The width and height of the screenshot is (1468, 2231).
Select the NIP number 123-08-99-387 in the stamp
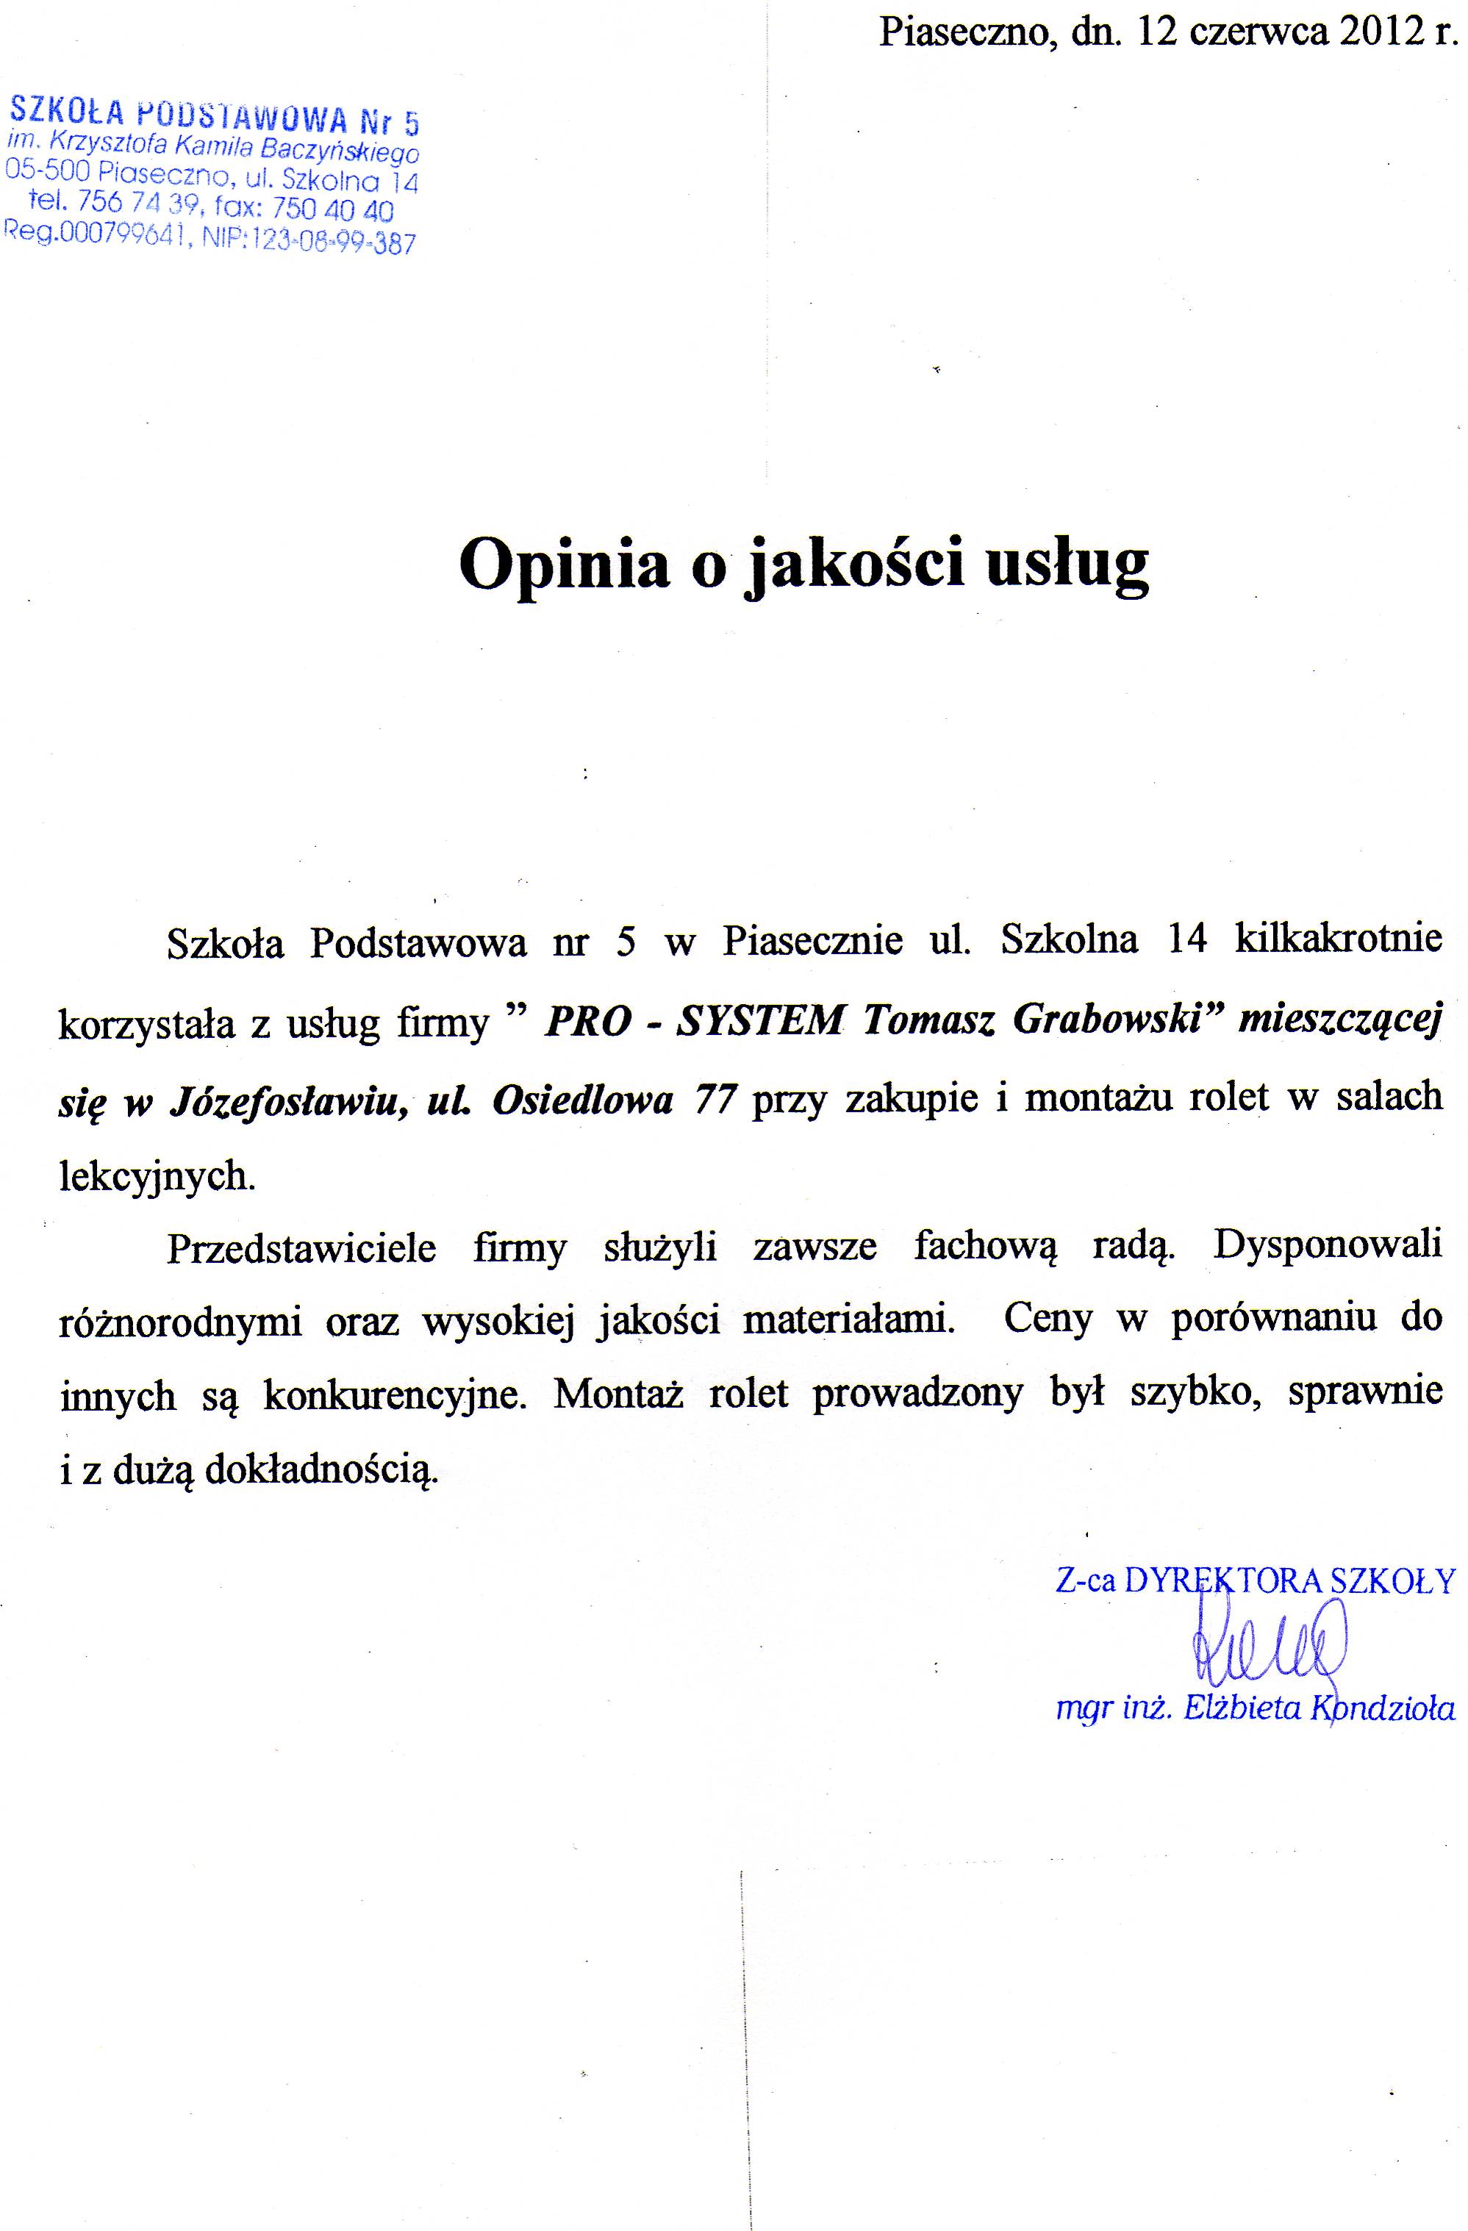330,243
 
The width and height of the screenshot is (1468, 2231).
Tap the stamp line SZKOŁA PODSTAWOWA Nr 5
214,116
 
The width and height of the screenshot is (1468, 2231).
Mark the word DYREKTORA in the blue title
1223,1581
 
